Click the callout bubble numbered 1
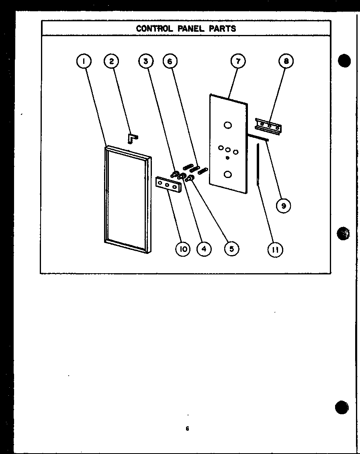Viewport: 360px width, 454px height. (x=84, y=61)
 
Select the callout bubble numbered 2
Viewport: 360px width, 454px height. (x=111, y=61)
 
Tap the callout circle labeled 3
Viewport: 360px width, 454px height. (x=146, y=61)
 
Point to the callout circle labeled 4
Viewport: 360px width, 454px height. (x=204, y=249)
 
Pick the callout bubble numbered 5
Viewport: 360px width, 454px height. (x=231, y=249)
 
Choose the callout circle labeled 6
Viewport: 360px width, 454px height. (x=170, y=61)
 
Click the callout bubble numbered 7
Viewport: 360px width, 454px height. (x=238, y=61)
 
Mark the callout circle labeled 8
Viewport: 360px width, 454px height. (x=286, y=61)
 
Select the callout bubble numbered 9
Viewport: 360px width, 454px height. (x=283, y=206)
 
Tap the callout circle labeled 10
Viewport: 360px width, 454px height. (x=183, y=249)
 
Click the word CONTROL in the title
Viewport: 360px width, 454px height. (x=154, y=29)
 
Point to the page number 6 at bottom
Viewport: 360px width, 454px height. (x=187, y=429)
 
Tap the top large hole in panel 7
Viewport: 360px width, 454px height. (x=228, y=125)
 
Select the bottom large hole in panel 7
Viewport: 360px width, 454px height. (x=228, y=174)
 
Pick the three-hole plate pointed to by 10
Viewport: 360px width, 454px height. (x=167, y=185)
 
